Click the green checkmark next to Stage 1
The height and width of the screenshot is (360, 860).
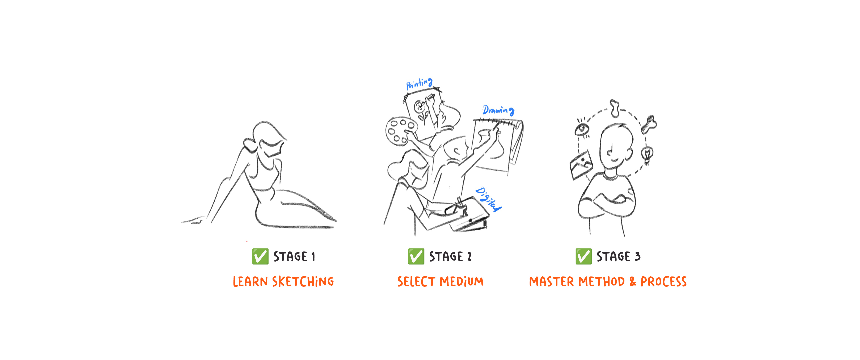click(x=260, y=256)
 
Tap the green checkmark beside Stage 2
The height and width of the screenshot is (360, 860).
click(x=416, y=256)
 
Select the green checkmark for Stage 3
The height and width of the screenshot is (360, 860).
click(x=583, y=256)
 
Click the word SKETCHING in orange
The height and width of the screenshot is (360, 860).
click(x=303, y=281)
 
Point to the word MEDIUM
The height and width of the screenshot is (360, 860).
click(x=462, y=281)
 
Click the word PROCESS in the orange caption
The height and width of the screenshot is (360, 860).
click(x=663, y=281)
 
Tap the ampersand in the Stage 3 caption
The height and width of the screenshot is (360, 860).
click(x=633, y=281)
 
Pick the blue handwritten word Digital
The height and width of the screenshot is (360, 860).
click(x=488, y=199)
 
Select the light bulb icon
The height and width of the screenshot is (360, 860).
click(x=647, y=155)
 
